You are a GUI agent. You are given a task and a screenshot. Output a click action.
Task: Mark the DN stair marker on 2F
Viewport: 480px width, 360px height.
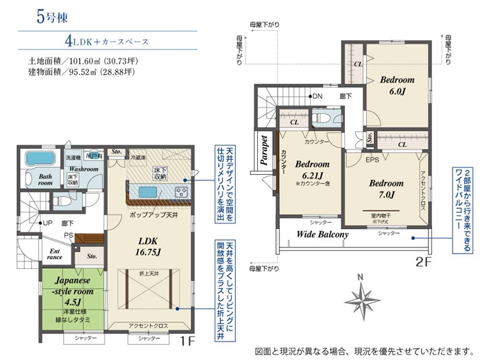317,96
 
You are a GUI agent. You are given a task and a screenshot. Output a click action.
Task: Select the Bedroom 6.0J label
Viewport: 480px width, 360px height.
397,86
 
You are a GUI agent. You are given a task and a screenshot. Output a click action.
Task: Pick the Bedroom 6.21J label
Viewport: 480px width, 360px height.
312,170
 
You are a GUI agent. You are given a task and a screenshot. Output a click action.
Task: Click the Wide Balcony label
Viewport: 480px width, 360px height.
322,235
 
